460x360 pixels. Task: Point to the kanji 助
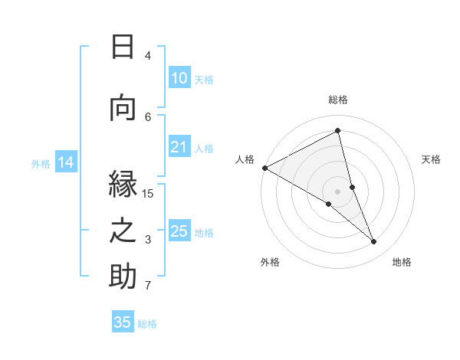pos(123,276)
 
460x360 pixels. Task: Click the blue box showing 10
pos(179,78)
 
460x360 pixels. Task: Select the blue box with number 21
pos(179,147)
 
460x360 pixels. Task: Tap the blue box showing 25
pos(179,231)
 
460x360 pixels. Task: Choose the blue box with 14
pos(65,162)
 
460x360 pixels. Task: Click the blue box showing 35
pos(123,322)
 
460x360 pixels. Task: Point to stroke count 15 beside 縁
pos(148,193)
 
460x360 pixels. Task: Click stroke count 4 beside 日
pos(148,56)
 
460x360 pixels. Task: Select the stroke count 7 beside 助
pos(148,286)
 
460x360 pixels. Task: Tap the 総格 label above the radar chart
pos(337,100)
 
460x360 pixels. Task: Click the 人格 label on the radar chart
pos(245,159)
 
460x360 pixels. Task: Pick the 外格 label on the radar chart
pos(270,262)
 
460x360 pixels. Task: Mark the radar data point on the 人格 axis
pos(264,168)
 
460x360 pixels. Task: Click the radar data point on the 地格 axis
pos(374,242)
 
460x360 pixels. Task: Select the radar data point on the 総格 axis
pos(337,131)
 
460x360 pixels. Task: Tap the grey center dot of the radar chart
pos(337,190)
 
